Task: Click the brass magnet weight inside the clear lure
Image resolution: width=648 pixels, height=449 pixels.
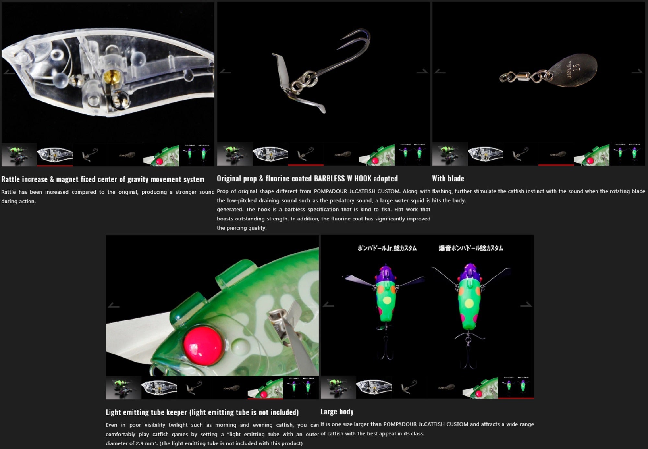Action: coord(112,76)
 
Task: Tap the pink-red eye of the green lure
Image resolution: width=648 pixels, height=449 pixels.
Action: coord(203,345)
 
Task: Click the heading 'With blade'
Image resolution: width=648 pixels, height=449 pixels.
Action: coord(448,178)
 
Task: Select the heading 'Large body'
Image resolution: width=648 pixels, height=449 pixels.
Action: coord(337,412)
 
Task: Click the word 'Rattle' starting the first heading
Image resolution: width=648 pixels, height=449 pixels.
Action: coord(11,179)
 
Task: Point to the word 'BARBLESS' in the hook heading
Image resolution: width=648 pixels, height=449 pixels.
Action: coord(329,178)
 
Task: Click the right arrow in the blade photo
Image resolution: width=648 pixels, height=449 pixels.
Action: coord(637,72)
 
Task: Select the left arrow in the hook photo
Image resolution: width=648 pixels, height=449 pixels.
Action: coord(225,72)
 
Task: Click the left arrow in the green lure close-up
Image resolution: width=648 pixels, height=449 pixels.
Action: coord(113,305)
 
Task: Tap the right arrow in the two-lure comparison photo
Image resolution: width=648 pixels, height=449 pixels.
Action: coord(526,304)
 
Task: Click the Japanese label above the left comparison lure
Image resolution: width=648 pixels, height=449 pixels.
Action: coord(387,248)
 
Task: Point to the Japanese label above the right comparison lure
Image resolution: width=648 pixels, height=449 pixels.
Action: coord(471,248)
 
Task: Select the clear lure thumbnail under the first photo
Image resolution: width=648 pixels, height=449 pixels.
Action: coord(54,155)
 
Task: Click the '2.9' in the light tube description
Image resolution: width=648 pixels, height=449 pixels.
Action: coord(140,443)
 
